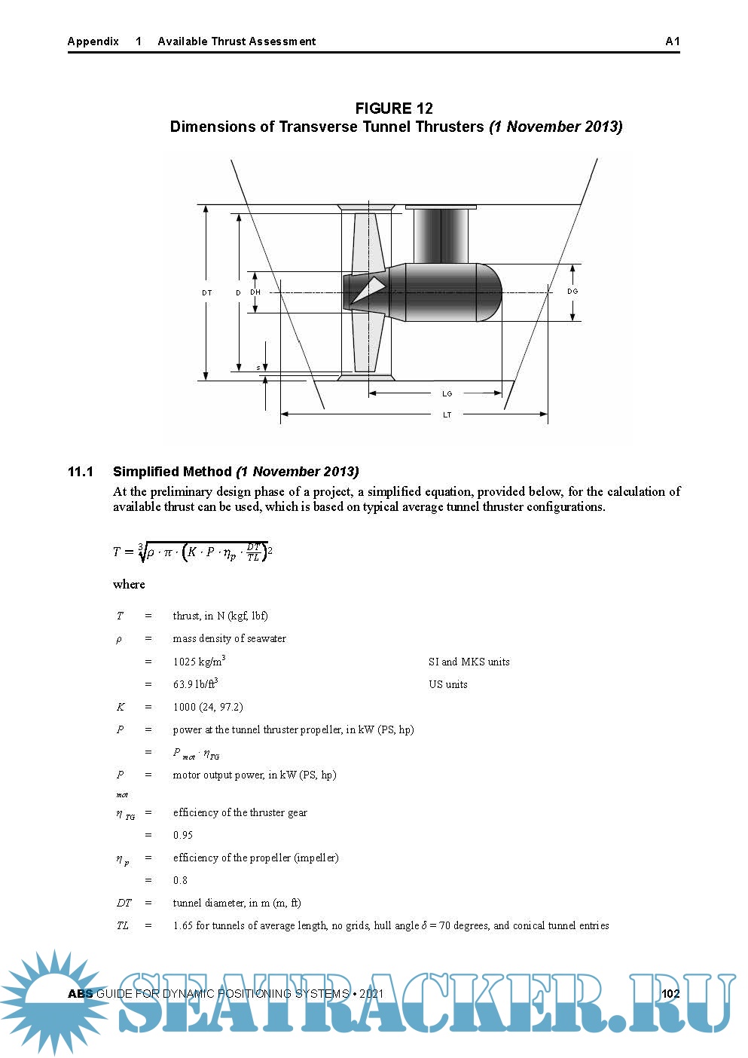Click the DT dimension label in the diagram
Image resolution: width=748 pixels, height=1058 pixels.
pyautogui.click(x=206, y=292)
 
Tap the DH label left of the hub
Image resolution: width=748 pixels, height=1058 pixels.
pyautogui.click(x=255, y=292)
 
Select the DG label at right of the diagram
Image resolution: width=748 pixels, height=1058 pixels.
pyautogui.click(x=572, y=292)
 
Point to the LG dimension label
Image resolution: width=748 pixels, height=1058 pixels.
pyautogui.click(x=447, y=393)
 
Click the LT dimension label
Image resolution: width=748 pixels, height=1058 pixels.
pyautogui.click(x=447, y=414)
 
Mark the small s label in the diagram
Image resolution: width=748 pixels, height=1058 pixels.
pyautogui.click(x=258, y=368)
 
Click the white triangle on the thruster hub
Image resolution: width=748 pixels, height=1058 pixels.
pyautogui.click(x=370, y=290)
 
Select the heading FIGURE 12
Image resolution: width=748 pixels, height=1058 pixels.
pyautogui.click(x=394, y=109)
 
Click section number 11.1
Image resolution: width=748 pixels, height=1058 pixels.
pyautogui.click(x=81, y=472)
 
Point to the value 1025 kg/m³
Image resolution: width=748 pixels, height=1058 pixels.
pyautogui.click(x=199, y=662)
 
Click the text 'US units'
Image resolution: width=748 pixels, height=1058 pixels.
pyautogui.click(x=448, y=684)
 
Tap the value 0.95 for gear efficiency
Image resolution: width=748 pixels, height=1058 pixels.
pyautogui.click(x=183, y=835)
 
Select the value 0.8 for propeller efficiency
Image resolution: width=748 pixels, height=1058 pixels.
pyautogui.click(x=180, y=880)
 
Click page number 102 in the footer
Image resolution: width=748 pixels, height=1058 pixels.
pyautogui.click(x=670, y=993)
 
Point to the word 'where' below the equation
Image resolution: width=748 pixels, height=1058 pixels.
pyautogui.click(x=129, y=584)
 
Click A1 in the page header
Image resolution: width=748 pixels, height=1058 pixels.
pyautogui.click(x=673, y=41)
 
